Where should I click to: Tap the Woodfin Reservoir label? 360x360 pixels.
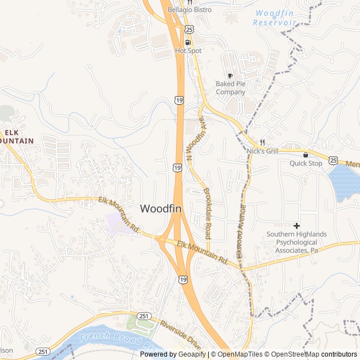[x=274, y=17]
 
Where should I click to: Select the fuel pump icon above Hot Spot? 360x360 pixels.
[x=188, y=42]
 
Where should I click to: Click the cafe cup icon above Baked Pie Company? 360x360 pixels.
[x=230, y=75]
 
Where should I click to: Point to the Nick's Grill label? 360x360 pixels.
[x=263, y=151]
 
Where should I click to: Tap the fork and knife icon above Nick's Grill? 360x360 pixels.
[x=262, y=142]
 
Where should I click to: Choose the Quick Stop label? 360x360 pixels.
[x=306, y=163]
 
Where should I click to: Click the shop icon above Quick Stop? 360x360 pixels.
[x=306, y=154]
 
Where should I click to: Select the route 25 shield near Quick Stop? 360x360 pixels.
[x=334, y=160]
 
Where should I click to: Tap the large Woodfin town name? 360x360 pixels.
[x=161, y=209]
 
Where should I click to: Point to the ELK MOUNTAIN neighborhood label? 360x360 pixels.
[x=16, y=136]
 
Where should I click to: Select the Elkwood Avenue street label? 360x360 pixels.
[x=241, y=231]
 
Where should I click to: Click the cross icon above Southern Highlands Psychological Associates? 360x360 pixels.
[x=296, y=226]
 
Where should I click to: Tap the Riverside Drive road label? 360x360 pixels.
[x=181, y=335]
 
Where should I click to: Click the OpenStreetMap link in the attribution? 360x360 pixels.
[x=291, y=354]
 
